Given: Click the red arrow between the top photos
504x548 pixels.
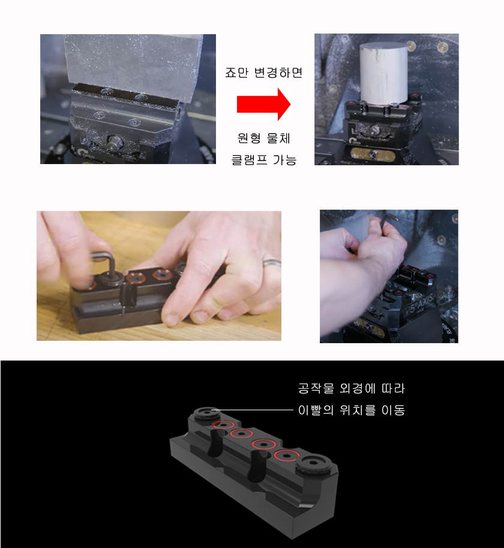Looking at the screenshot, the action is click(x=264, y=104).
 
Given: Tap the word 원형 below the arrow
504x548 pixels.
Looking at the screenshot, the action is click(x=249, y=138).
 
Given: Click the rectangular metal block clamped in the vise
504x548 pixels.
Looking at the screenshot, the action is click(x=133, y=66).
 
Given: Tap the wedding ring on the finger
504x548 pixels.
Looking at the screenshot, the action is click(x=272, y=263).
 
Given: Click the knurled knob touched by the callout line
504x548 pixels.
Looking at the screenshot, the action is click(x=207, y=413).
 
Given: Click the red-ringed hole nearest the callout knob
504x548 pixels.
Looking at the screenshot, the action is click(x=223, y=425).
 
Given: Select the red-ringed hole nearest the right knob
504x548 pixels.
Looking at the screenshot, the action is click(x=286, y=456).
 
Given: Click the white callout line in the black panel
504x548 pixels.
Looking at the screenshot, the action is click(x=252, y=410).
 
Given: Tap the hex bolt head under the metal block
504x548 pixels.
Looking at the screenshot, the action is click(x=113, y=143).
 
